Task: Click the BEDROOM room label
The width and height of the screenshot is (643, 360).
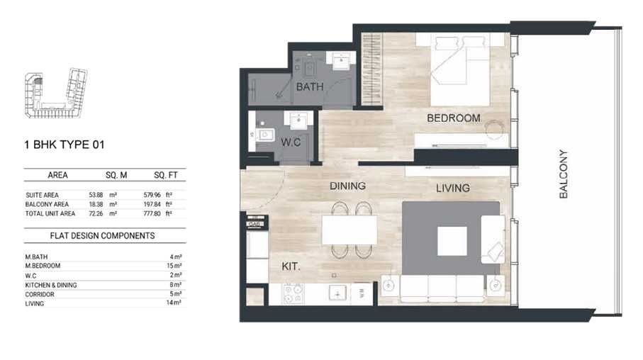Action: (x=453, y=118)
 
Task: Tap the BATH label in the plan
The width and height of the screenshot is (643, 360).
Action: (x=310, y=87)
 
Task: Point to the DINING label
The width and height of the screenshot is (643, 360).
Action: (x=347, y=186)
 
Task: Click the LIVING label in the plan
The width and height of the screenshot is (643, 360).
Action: (x=452, y=188)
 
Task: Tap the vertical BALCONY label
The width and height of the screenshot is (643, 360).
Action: (x=564, y=174)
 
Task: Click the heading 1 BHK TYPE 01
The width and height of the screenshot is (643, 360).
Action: (x=65, y=145)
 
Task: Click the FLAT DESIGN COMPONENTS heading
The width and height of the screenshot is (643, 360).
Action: (x=103, y=235)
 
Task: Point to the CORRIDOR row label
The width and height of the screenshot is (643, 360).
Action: (x=40, y=294)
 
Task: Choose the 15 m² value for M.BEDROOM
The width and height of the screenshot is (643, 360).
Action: (x=177, y=266)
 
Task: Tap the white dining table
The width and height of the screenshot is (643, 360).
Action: (x=350, y=230)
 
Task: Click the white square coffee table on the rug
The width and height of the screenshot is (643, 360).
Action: (x=452, y=241)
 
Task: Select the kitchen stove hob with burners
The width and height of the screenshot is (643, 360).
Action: (x=293, y=293)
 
